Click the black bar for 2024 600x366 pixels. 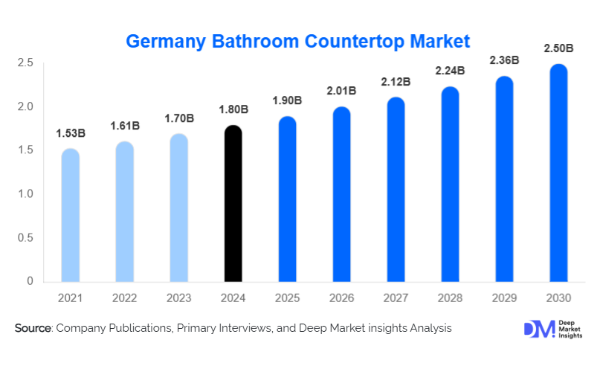pyautogui.click(x=233, y=204)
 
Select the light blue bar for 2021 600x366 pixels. pyautogui.click(x=71, y=215)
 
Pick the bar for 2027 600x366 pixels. pyautogui.click(x=396, y=190)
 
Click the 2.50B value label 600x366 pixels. pyautogui.click(x=558, y=48)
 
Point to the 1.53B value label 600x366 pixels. pyautogui.click(x=71, y=133)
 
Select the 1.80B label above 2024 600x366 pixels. pyautogui.click(x=233, y=110)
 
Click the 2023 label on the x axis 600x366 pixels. pyautogui.click(x=178, y=298)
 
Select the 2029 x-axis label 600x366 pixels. pyautogui.click(x=503, y=298)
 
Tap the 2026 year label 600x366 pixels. pyautogui.click(x=341, y=298)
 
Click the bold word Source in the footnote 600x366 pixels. pyautogui.click(x=32, y=327)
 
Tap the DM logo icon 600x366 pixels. pyautogui.click(x=539, y=330)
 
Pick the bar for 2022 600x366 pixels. pyautogui.click(x=125, y=211)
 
